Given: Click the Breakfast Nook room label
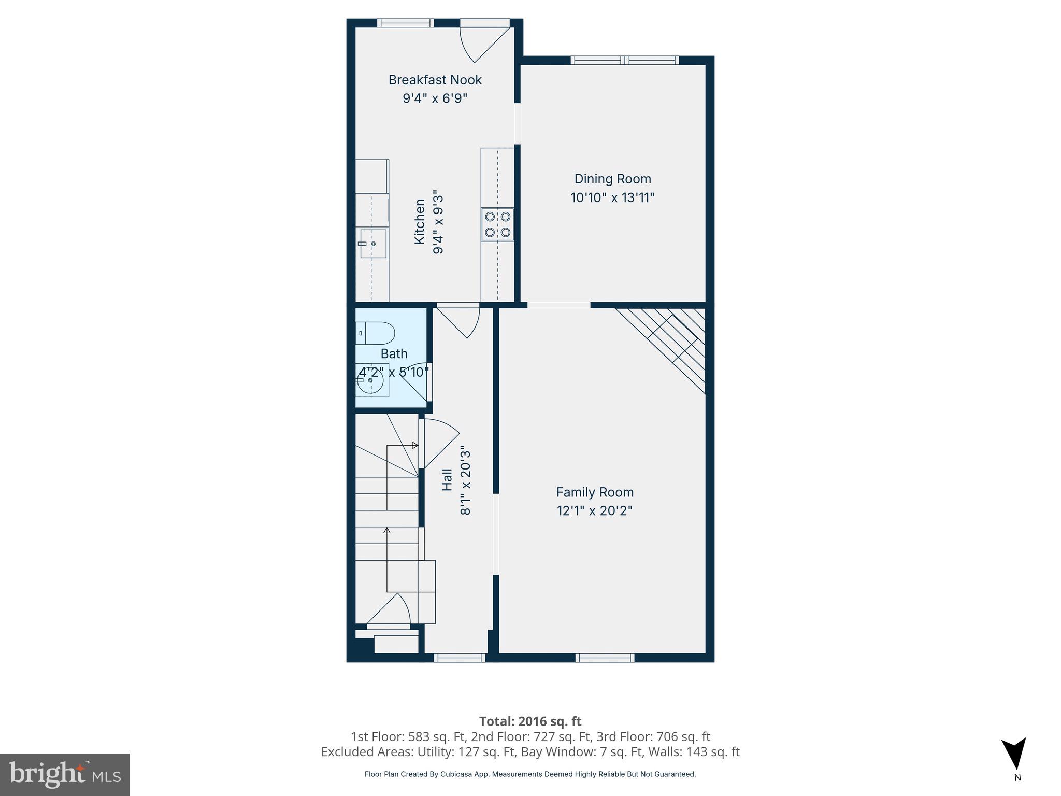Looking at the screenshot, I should pos(435,80).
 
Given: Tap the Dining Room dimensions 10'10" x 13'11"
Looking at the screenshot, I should pos(612,197).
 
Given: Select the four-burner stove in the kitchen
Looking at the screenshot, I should pos(497,224).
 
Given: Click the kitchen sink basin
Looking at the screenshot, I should pos(373,244).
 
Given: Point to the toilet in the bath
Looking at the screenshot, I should pos(376,333).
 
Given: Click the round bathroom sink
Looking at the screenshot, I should pos(370,380).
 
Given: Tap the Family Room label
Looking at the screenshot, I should pos(595,492).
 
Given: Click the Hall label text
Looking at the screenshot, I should pos(447,480).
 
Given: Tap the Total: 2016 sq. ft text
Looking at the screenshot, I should pos(530,721).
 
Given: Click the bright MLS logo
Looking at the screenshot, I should pos(64,774).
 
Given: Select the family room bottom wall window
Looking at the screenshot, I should pos(605,658).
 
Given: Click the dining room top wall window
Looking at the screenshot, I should pos(624,60).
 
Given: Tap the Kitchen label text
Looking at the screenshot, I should pos(420,221).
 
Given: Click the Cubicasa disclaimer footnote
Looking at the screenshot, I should pos(530,774).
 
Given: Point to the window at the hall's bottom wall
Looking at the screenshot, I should pos(460,658).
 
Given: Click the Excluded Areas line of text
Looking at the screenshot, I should pos(530,752).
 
